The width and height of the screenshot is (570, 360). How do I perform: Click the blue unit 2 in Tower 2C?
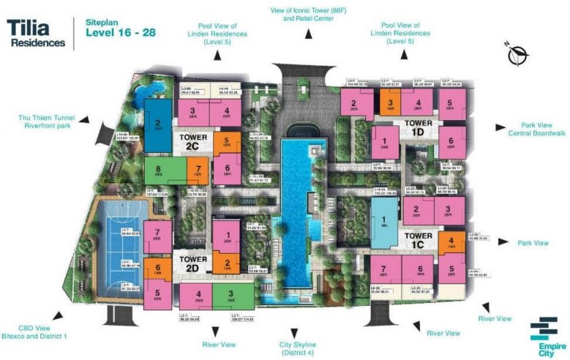pos(157,124)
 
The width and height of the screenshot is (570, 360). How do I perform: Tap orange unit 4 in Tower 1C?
pos(451,241)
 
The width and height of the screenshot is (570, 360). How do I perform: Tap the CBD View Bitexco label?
pos(34,331)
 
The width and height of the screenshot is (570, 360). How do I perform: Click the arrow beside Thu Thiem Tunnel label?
pos(84,119)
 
